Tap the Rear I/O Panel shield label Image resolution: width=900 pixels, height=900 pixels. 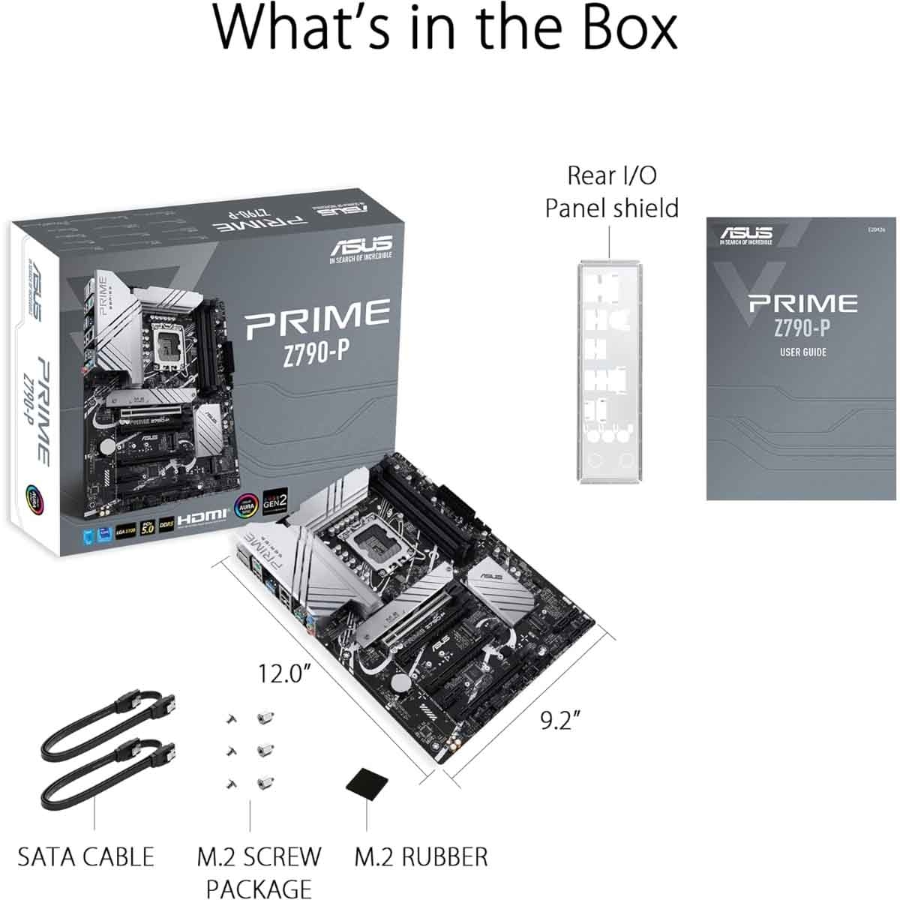click(611, 191)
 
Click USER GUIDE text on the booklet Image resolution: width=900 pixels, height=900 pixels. click(802, 352)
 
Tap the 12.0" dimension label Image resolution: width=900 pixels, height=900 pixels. click(284, 673)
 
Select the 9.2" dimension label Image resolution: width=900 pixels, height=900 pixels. click(562, 721)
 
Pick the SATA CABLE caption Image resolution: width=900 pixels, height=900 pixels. click(85, 856)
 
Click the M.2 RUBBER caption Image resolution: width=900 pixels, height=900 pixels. click(421, 856)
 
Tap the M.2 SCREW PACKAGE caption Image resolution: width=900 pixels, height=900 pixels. click(259, 871)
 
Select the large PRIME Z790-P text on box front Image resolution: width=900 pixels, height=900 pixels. click(318, 328)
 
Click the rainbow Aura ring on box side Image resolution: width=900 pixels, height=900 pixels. click(35, 496)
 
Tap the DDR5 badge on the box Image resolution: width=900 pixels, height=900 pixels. click(166, 528)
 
